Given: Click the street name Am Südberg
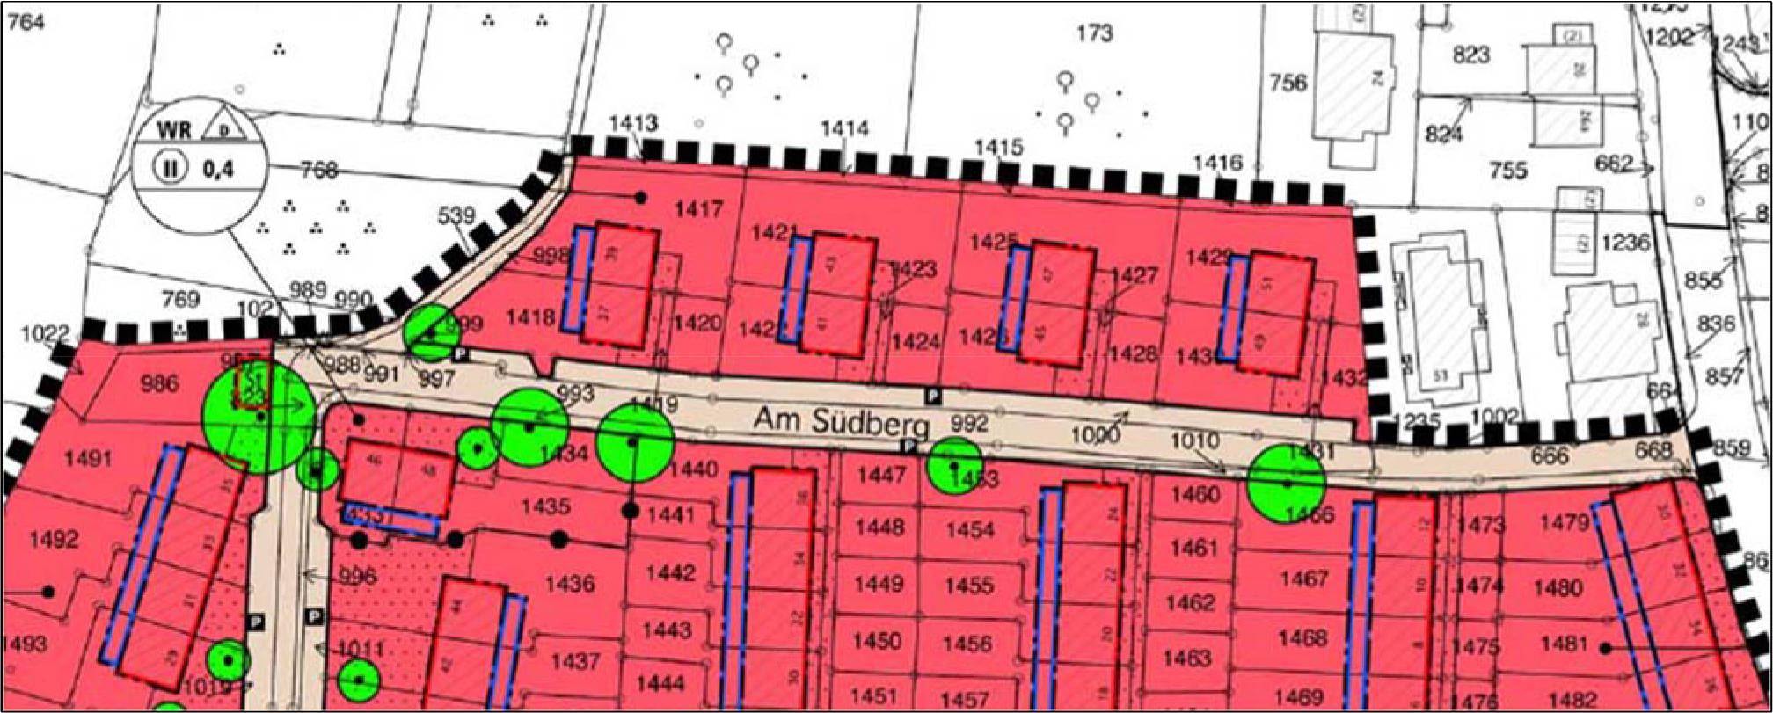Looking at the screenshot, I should (840, 423).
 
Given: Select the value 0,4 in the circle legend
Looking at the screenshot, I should (220, 169).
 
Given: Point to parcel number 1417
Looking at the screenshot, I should (698, 209).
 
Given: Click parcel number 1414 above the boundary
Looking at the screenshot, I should (844, 129).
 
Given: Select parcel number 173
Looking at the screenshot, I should (1094, 33).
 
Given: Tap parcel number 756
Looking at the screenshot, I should (1288, 84).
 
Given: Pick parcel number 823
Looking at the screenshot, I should (1470, 55).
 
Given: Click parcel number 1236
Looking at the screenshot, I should (1625, 242).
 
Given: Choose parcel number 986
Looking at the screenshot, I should (159, 383).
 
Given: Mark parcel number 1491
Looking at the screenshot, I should (88, 459).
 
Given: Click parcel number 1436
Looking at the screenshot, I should (570, 583).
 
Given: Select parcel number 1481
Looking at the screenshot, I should (1565, 644).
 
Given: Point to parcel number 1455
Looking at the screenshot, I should (970, 586).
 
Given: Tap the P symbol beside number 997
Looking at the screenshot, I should (460, 354).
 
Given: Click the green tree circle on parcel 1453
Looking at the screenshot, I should (955, 466).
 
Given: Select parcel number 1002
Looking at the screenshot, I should (1495, 417).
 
